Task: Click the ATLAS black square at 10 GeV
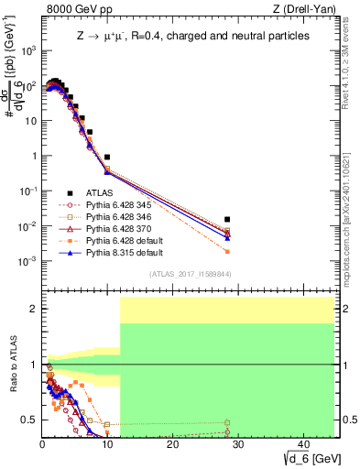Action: tap(107, 158)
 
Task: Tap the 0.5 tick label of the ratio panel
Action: tap(27, 420)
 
